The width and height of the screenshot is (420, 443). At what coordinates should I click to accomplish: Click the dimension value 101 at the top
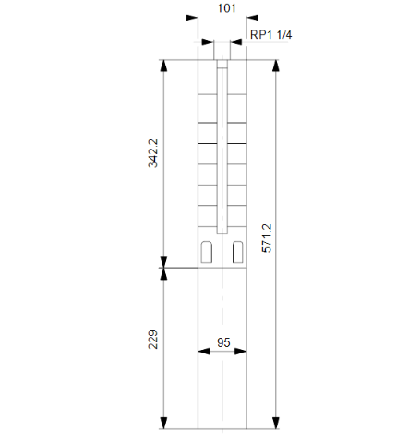[x=226, y=7]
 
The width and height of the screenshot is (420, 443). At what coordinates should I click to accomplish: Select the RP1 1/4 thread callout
[x=272, y=36]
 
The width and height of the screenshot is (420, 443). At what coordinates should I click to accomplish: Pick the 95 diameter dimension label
[x=223, y=341]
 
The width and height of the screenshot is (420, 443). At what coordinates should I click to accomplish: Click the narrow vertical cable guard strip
[x=222, y=148]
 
